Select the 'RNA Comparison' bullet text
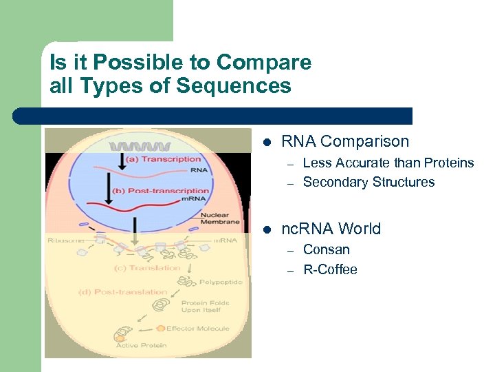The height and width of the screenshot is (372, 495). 345,142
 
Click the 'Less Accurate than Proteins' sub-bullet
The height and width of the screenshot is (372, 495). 388,163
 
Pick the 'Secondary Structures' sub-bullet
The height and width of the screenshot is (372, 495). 368,182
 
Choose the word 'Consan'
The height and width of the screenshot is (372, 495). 326,249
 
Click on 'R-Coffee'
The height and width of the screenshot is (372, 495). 330,269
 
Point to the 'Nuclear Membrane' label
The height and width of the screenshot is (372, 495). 220,218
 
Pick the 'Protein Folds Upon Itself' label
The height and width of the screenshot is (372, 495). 206,307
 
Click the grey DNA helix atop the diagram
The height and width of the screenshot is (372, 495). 141,146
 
